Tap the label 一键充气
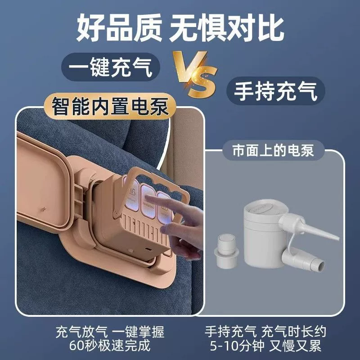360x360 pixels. click(x=110, y=67)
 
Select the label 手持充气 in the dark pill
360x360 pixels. click(x=275, y=91)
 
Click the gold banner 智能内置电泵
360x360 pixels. click(x=110, y=106)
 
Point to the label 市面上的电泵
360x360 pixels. click(x=273, y=150)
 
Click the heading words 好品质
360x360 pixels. click(x=119, y=29)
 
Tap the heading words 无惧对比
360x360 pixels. click(x=226, y=29)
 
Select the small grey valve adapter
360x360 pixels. click(x=226, y=252)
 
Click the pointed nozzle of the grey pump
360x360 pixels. click(x=326, y=232)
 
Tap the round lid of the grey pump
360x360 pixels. click(x=261, y=208)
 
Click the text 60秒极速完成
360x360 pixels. click(x=110, y=345)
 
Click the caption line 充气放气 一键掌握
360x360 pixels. click(x=110, y=332)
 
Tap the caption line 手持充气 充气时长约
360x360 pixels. click(x=265, y=332)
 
